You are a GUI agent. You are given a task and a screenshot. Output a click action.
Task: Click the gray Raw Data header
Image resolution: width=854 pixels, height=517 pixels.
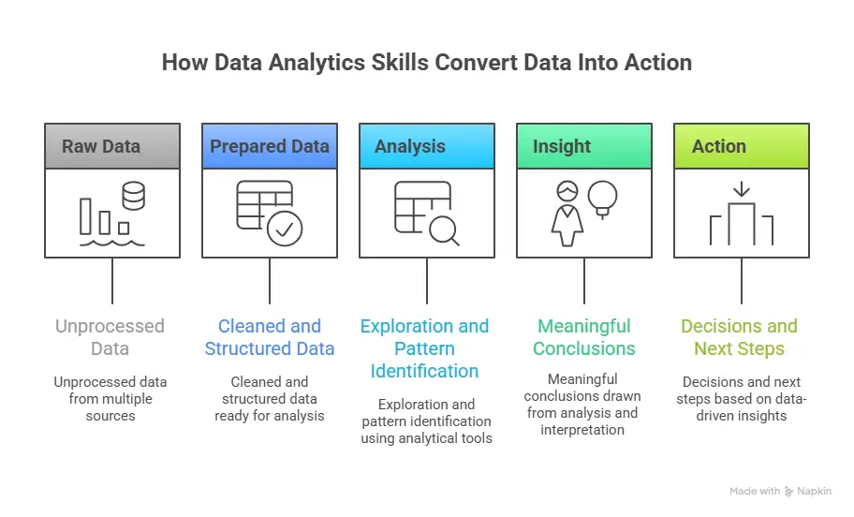coord(112,146)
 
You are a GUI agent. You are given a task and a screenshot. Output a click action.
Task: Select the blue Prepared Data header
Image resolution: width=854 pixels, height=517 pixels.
coord(270,146)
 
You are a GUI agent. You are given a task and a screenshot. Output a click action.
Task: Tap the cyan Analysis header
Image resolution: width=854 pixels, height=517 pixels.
coord(427,146)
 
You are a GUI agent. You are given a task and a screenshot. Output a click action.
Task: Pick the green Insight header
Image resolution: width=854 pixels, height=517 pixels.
coord(584,146)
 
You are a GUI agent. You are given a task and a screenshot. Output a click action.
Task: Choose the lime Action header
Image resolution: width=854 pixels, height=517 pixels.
coord(742,146)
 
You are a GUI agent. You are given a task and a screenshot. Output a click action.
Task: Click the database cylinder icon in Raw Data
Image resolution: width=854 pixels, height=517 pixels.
coord(134,197)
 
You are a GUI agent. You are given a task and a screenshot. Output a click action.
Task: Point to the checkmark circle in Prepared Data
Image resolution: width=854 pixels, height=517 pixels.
coord(285,228)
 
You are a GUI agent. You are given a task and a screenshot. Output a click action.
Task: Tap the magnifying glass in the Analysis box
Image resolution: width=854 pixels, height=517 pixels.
coord(443,228)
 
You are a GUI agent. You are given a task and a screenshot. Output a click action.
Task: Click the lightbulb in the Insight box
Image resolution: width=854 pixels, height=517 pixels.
coord(602,196)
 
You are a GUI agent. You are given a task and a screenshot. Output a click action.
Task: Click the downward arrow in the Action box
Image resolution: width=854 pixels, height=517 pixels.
coord(742,190)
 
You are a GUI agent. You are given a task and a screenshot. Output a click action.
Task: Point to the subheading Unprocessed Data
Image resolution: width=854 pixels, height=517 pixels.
coord(110,337)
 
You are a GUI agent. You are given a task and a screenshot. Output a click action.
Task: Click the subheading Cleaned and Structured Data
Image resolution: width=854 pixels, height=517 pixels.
coord(270,337)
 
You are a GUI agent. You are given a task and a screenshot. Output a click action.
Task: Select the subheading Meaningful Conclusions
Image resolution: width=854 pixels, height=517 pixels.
coord(584,337)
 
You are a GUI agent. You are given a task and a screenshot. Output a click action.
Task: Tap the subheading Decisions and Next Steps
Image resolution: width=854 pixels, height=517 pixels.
coord(740,337)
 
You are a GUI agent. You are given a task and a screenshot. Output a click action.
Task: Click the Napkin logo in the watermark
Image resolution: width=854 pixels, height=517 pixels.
coord(789,491)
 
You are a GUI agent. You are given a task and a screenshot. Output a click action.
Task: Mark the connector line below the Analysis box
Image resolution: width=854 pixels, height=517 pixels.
coord(427,281)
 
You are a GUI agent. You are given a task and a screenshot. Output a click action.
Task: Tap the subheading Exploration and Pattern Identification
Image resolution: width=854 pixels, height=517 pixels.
coord(425,348)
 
